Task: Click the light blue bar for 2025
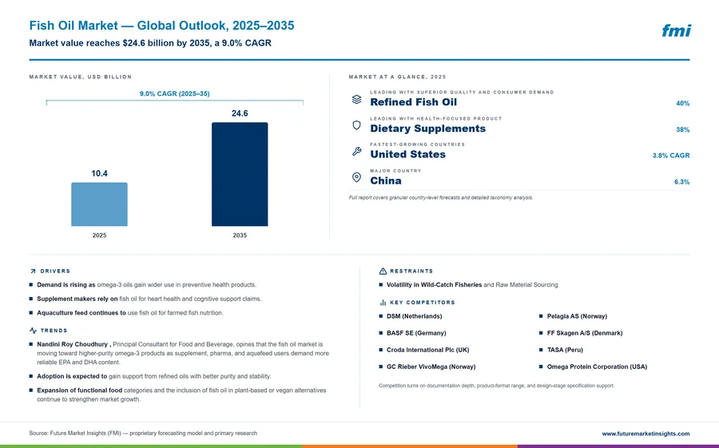[99, 204]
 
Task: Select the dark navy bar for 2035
[240, 174]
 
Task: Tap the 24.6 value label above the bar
[240, 113]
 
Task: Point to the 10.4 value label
[99, 173]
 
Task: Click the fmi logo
[676, 30]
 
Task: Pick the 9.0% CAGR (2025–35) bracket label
[175, 93]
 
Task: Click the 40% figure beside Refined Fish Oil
[682, 104]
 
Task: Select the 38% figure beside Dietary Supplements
[682, 130]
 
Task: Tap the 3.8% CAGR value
[671, 156]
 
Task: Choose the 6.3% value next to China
[681, 182]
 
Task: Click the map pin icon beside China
[356, 177]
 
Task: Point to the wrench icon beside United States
[356, 151]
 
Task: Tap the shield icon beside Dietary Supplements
[356, 125]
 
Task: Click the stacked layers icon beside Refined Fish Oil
[356, 99]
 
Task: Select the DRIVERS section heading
[55, 271]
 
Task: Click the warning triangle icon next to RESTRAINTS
[383, 271]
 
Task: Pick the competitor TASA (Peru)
[565, 350]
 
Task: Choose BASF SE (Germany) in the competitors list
[416, 333]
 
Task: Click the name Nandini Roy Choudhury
[73, 344]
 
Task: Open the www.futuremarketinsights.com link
[646, 434]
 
